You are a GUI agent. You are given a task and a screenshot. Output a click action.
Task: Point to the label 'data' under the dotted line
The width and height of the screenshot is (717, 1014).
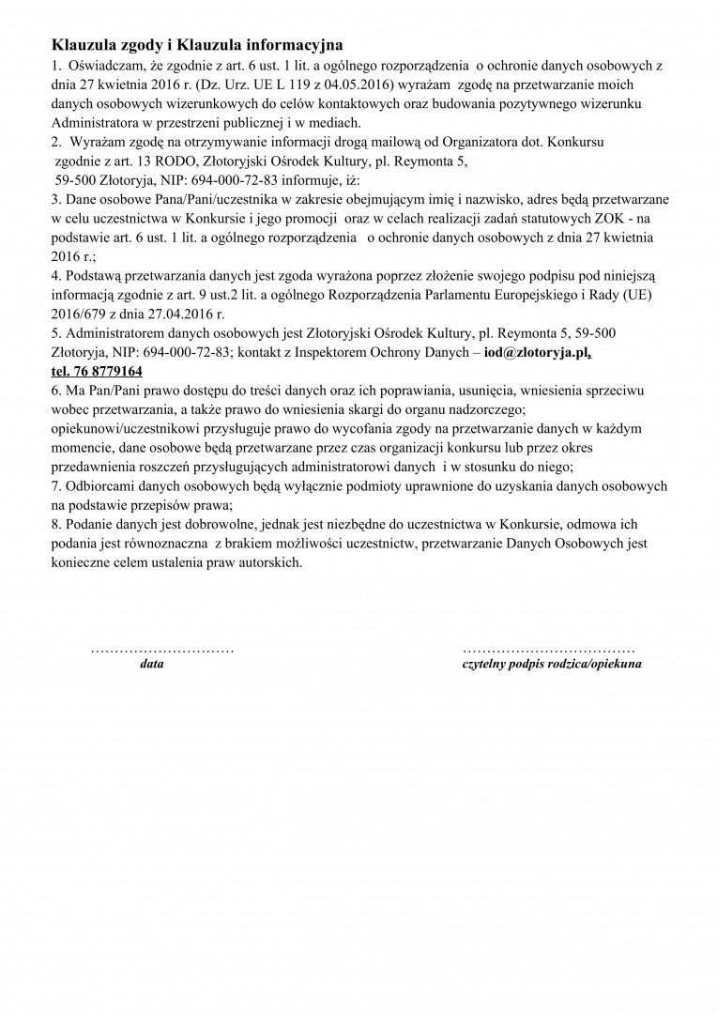coord(151,664)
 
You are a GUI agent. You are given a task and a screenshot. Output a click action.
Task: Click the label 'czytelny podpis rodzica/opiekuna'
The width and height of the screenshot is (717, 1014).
coord(552,664)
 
